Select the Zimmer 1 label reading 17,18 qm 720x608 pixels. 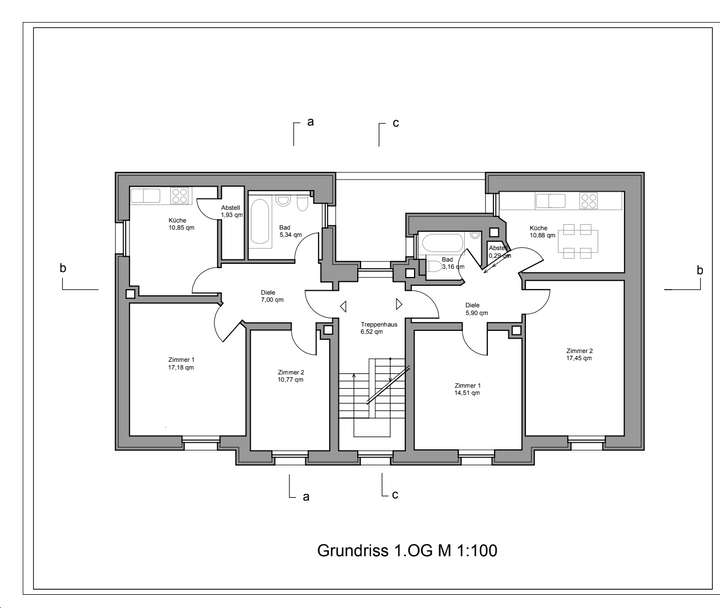coord(181,363)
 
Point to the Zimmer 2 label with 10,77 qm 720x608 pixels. coord(289,375)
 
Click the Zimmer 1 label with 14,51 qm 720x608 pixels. coord(467,389)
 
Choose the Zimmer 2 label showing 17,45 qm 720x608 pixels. coord(579,355)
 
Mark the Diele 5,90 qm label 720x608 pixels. coord(476,309)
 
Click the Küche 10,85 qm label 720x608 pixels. coord(181,223)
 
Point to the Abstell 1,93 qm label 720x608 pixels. coord(231,211)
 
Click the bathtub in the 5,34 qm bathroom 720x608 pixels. coord(260,226)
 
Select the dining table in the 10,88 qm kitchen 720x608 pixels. coord(578,237)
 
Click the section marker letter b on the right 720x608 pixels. coord(699,270)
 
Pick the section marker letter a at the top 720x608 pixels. coord(311,122)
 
